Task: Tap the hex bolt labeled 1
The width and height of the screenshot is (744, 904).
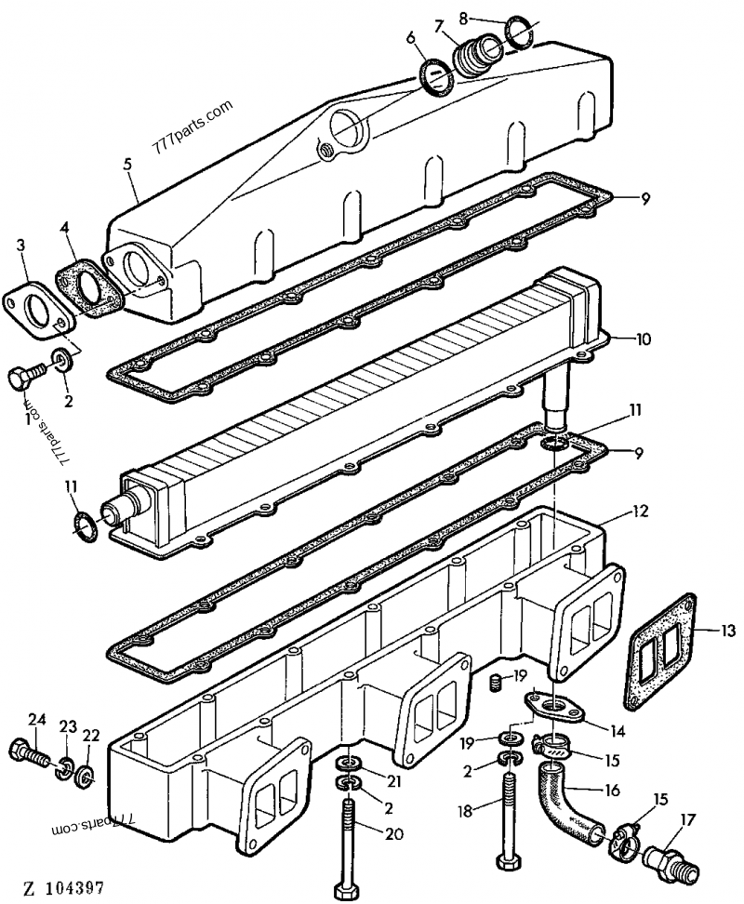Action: [21, 379]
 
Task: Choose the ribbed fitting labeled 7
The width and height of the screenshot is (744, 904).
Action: [476, 54]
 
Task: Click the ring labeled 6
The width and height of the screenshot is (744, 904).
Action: [435, 74]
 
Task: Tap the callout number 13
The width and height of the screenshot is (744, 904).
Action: [728, 631]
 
